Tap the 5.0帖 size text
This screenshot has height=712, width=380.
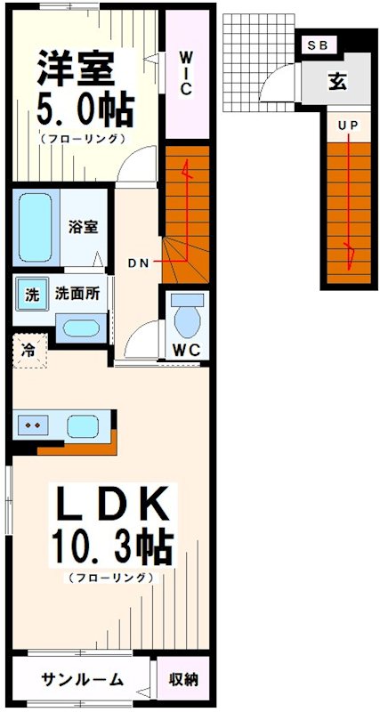point(85,110)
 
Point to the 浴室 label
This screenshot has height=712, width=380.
point(84,226)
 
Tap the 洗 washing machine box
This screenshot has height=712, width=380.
point(31,295)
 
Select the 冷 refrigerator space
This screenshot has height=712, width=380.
point(28,349)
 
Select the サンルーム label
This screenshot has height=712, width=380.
point(81,680)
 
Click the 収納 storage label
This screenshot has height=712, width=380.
point(184,680)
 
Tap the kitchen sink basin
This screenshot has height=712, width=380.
point(84,425)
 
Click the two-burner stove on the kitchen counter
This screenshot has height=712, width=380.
point(36,425)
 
